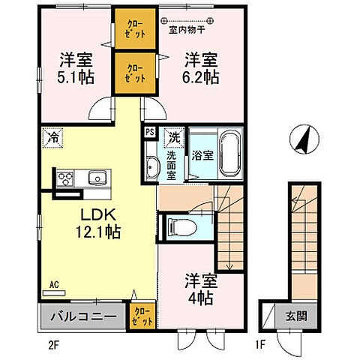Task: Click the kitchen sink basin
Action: [x=97, y=178]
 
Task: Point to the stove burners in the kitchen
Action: [x=64, y=178]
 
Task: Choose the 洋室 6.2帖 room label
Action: [x=201, y=66]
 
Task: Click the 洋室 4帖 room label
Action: [x=202, y=288]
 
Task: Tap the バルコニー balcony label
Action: [x=82, y=316]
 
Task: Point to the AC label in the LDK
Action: [x=53, y=284]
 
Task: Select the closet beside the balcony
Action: [x=142, y=316]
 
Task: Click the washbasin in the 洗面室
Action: [x=152, y=166]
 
